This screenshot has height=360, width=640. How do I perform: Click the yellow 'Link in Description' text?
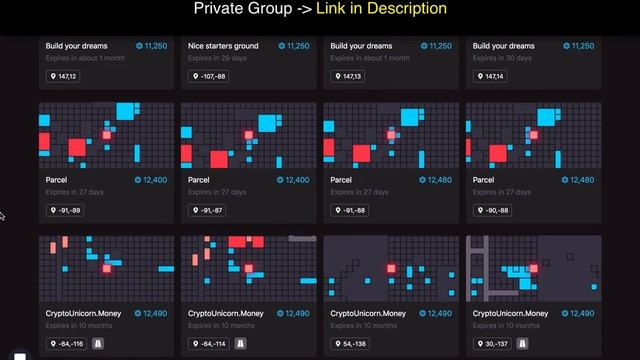[381, 9]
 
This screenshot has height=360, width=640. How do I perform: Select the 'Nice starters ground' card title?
[224, 46]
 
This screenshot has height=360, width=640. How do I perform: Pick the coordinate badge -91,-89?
[65, 210]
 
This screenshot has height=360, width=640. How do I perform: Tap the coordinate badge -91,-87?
[207, 210]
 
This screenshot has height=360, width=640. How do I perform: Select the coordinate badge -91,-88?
[349, 210]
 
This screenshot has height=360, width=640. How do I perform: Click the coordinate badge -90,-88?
[491, 210]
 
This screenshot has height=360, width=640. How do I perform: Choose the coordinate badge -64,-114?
[209, 344]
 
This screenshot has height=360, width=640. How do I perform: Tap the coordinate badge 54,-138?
[350, 344]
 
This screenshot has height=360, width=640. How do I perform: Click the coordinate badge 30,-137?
[491, 344]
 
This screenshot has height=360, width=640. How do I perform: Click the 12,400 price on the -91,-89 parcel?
[152, 180]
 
